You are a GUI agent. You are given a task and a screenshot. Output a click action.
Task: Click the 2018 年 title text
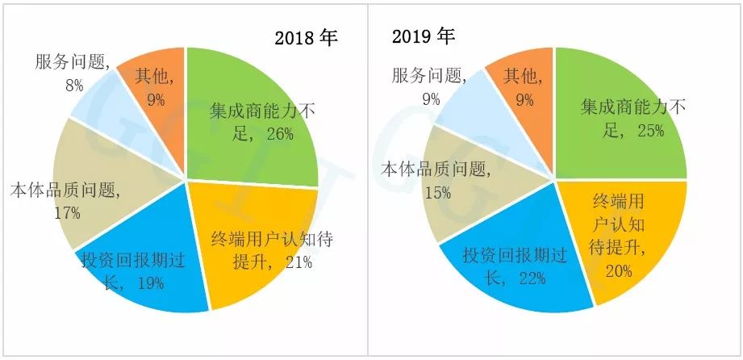305,38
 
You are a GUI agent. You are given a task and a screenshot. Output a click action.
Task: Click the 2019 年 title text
424,36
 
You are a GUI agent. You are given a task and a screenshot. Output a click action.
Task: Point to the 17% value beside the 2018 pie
67,213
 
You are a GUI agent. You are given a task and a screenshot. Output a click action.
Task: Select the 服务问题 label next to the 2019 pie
429,76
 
